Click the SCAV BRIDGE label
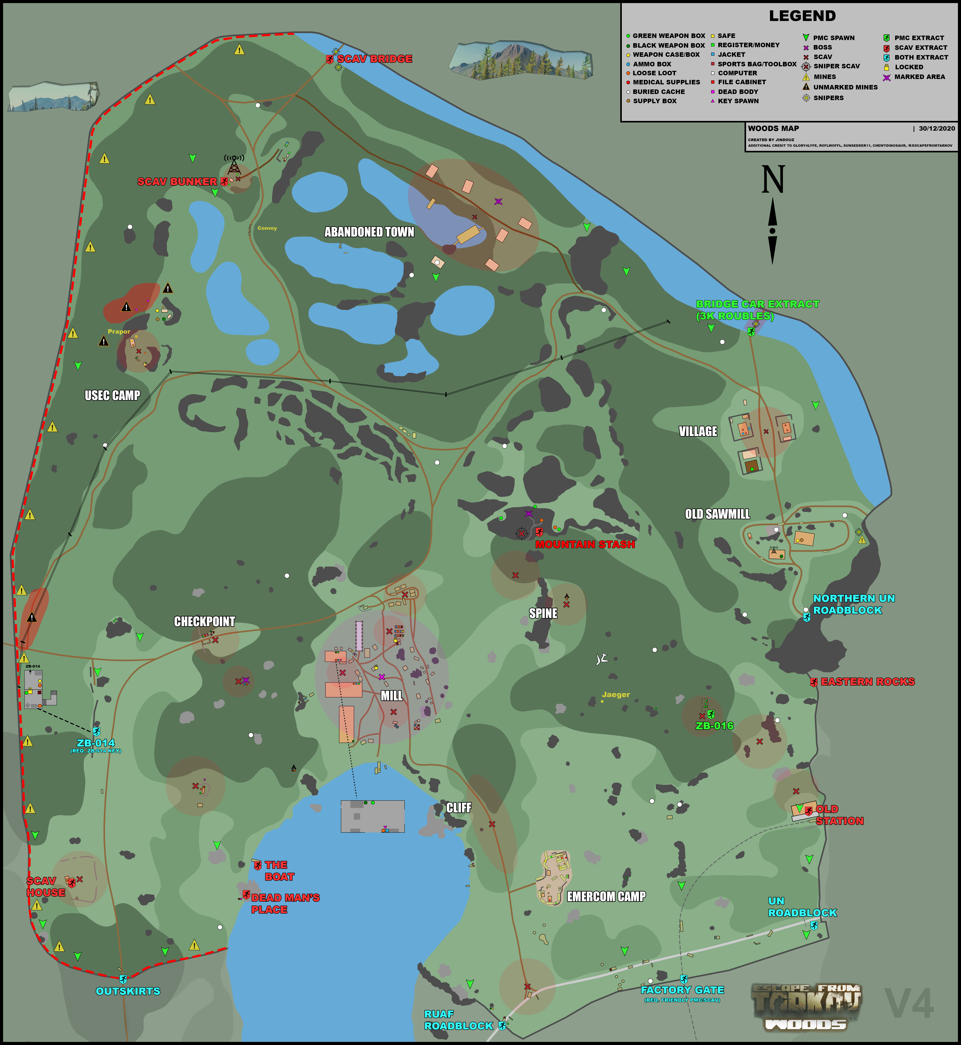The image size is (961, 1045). tap(374, 59)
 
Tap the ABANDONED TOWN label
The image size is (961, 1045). tap(369, 232)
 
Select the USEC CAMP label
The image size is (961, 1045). tap(112, 395)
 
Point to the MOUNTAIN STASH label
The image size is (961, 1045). tap(585, 544)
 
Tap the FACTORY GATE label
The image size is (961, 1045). tap(682, 989)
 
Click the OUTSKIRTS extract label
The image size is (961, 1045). tap(128, 991)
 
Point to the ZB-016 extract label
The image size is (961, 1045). tap(714, 726)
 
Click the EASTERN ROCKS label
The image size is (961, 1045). tap(867, 681)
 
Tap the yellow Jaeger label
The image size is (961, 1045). tap(616, 694)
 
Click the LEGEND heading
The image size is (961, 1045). tap(802, 16)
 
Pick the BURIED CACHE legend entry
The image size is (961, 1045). tap(658, 92)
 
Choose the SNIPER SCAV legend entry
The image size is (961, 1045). tap(836, 66)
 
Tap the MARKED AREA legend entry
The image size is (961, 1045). tap(919, 77)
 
